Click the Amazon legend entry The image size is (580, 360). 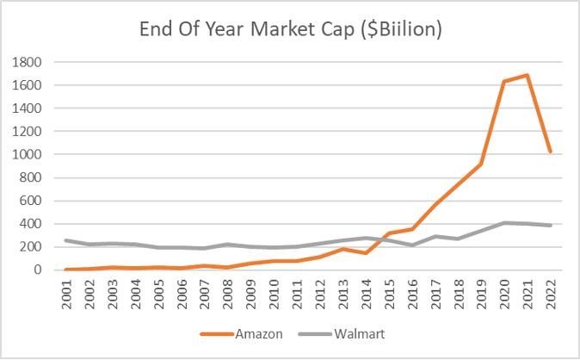(x=258, y=333)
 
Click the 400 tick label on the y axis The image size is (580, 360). (x=33, y=224)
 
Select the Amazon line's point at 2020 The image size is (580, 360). (x=503, y=82)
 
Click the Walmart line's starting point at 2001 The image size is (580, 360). (x=65, y=240)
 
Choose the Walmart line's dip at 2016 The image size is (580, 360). (x=411, y=245)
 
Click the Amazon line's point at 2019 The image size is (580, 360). (x=480, y=164)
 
